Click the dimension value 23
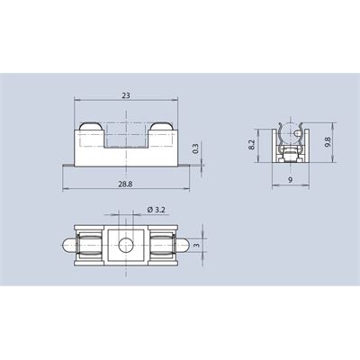click(126, 95)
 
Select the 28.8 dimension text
click(125, 184)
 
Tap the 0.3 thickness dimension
click(196, 148)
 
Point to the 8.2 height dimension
click(252, 145)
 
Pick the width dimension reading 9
click(290, 180)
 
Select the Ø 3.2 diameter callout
click(156, 210)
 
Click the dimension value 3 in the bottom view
click(196, 245)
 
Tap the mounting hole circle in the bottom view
click(125, 246)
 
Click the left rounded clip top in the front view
click(91, 126)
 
